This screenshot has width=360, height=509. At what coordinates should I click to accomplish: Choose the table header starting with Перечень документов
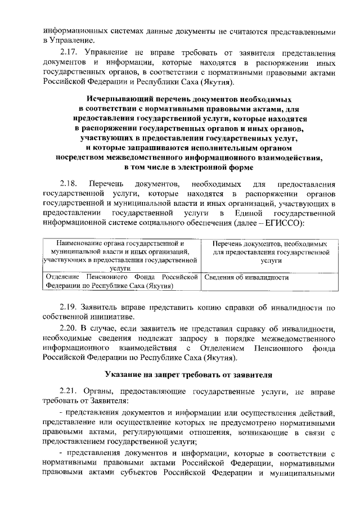[271, 253]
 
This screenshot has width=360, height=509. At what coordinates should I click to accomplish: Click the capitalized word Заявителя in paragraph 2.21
[110, 401]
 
